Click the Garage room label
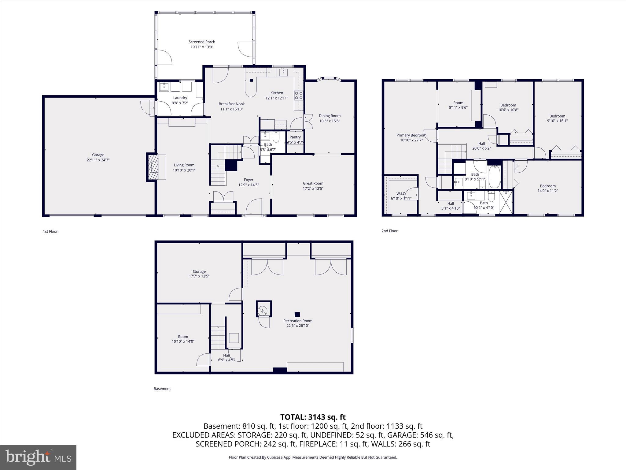click(98, 155)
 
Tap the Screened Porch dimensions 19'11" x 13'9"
click(202, 47)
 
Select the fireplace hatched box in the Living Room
click(152, 167)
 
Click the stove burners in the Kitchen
click(299, 95)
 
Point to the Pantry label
click(295, 137)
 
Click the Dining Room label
click(330, 116)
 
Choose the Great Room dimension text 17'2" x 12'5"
click(313, 188)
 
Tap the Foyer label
click(249, 180)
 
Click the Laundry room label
click(180, 98)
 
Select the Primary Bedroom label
click(411, 135)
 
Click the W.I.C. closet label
click(401, 193)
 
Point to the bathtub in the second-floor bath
click(494, 177)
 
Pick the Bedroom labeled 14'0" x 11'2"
click(547, 186)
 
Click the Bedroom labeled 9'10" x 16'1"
click(557, 116)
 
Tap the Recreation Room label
click(298, 321)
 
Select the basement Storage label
click(199, 271)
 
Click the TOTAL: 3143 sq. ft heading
click(313, 417)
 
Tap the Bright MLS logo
click(38, 457)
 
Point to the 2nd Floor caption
click(389, 231)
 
